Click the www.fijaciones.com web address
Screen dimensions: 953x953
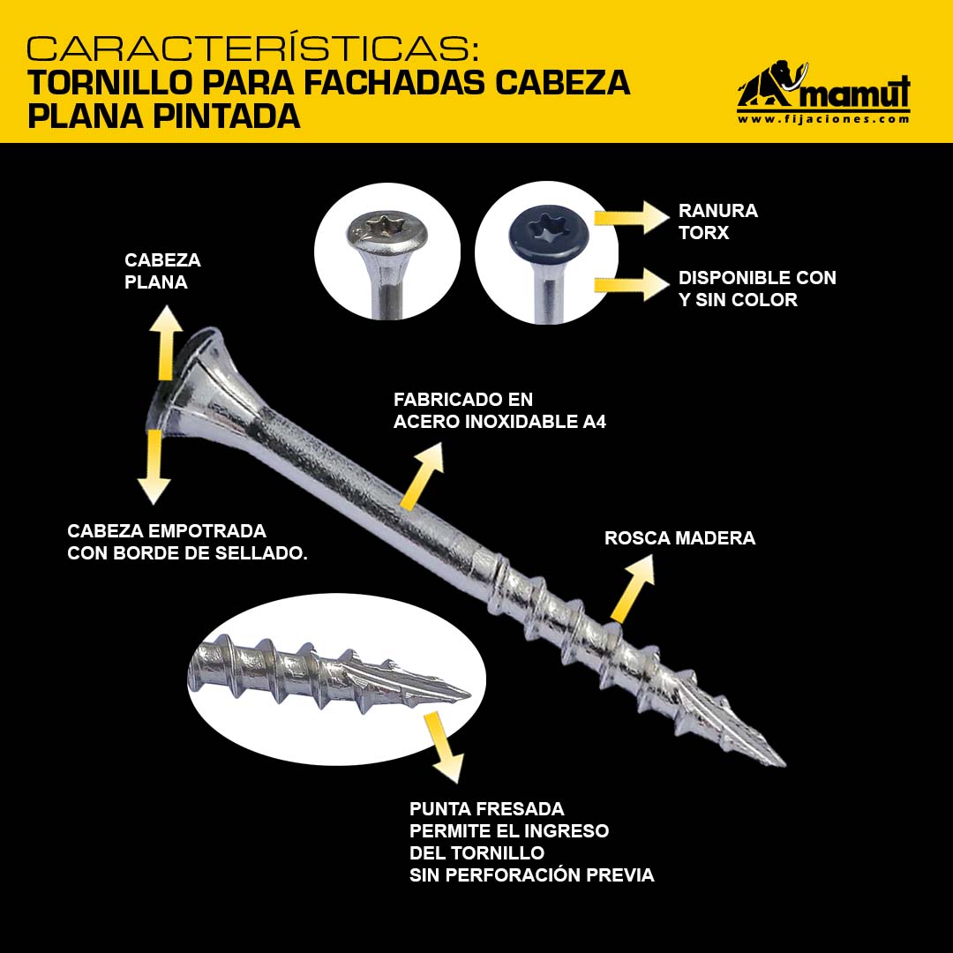pos(823,119)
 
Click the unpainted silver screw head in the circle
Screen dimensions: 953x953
pos(387,231)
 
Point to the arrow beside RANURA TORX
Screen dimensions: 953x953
pos(632,218)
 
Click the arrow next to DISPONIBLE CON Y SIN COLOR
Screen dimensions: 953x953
pos(632,284)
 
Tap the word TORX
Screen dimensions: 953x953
pos(703,233)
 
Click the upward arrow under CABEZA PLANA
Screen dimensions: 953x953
pos(167,343)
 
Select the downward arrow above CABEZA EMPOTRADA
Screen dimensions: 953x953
pos(154,467)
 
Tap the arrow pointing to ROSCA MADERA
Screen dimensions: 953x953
pos(632,589)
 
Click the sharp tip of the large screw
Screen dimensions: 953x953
pos(784,763)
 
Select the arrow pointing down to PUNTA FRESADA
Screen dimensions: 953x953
pos(443,747)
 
